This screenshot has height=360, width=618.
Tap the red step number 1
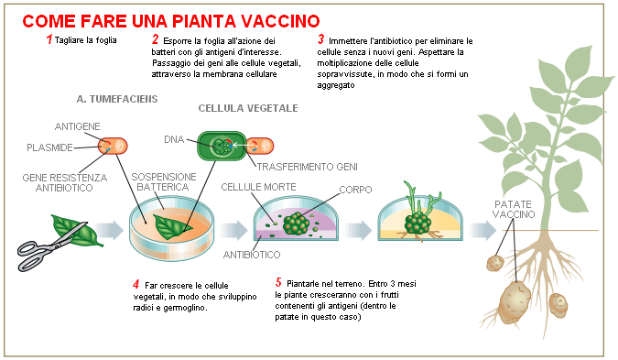point(49,40)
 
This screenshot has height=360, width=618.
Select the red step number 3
point(320,40)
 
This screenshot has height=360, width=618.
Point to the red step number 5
point(278,283)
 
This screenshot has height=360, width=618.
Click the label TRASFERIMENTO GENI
point(307,168)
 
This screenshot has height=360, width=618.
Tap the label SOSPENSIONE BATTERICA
point(160,180)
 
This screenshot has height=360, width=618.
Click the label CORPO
point(354,191)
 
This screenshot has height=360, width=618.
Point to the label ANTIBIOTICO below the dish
point(251,256)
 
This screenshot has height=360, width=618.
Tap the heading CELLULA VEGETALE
point(248,108)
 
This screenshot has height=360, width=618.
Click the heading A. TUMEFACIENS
point(118,97)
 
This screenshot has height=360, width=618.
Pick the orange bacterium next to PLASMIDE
point(114,146)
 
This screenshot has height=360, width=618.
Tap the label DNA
point(174,140)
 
